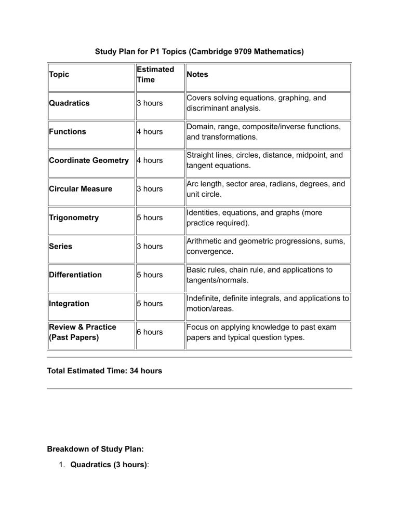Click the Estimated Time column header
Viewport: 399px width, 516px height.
pos(155,74)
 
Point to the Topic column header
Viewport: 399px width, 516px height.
pos(59,74)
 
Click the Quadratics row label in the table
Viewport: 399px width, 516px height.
pos(69,103)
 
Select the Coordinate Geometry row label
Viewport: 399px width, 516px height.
pos(88,160)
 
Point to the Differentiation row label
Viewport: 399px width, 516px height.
pos(75,275)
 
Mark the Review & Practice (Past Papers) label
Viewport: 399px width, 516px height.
pos(82,332)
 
